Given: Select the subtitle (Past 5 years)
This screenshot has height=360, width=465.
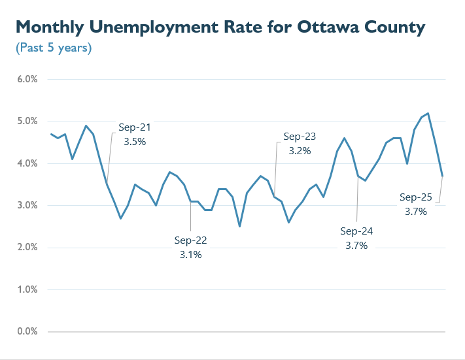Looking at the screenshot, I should coord(53,48).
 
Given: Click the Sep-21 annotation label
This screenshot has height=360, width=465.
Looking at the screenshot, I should coord(135,127).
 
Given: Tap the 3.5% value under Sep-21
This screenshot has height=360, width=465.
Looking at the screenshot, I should coord(135,141).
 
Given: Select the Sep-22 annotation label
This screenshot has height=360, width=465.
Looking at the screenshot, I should coord(190,240).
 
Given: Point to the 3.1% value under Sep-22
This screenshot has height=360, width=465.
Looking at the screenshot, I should coord(190,255).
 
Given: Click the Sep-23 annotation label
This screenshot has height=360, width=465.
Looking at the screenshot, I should coord(300,137).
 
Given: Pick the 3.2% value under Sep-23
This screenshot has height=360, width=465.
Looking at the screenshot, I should coord(300,151).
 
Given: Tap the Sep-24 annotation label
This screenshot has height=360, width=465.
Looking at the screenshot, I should coord(357,231).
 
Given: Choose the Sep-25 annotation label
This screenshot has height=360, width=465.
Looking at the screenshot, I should coord(415,197).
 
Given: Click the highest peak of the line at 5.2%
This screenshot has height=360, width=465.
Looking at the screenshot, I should coord(428,113).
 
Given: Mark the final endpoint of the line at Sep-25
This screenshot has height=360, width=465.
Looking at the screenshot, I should coord(443,176).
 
